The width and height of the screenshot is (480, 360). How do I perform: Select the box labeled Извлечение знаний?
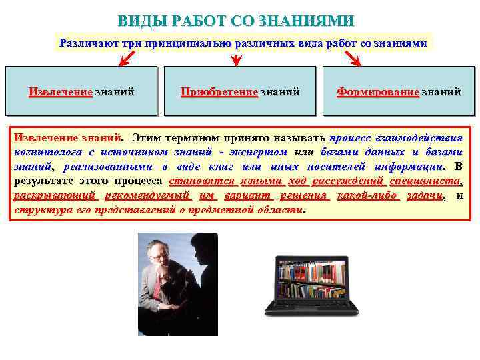[81, 91]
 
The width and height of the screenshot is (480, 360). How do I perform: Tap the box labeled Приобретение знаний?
[239, 91]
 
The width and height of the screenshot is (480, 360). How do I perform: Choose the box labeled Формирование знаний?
[398, 91]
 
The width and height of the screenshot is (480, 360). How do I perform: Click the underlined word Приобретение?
[219, 91]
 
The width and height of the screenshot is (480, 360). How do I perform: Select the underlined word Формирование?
[378, 91]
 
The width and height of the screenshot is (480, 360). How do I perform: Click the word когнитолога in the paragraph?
[44, 152]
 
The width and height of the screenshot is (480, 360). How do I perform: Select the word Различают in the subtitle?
[85, 43]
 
